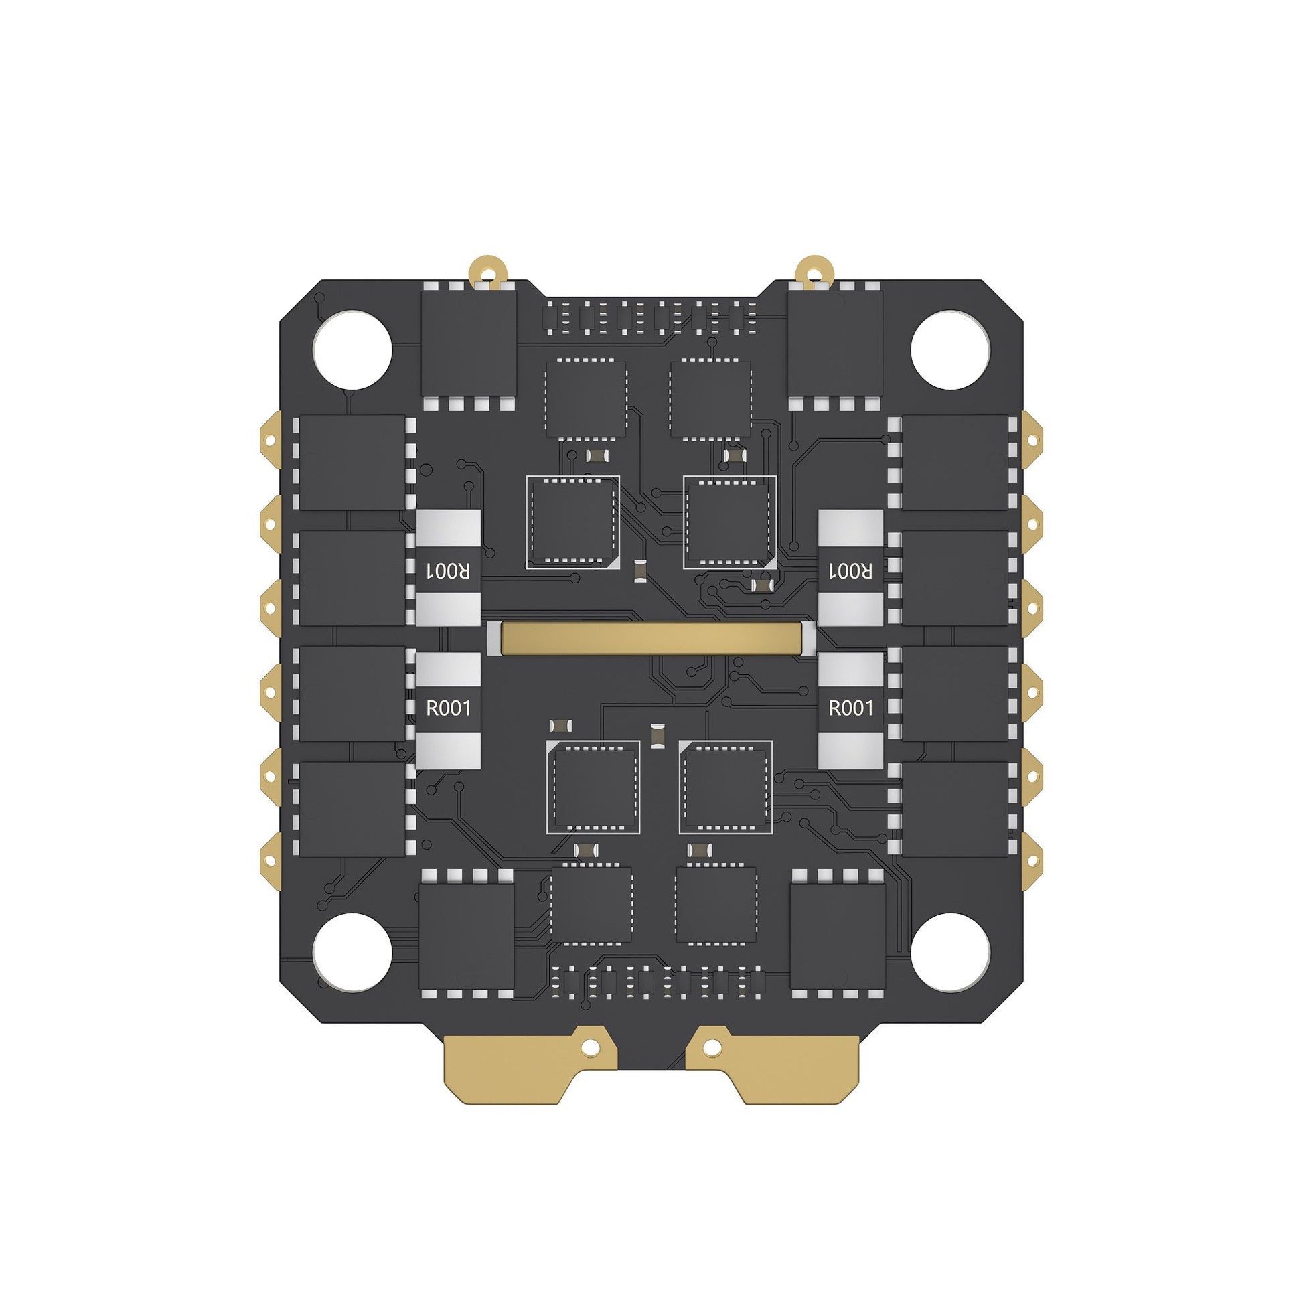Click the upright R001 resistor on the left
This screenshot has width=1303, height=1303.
[x=449, y=710]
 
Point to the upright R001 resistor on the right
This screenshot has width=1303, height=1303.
[x=850, y=710]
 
